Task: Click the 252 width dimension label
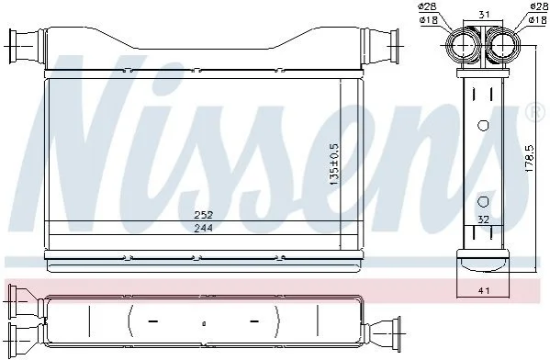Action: [204, 214]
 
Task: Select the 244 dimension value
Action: [204, 228]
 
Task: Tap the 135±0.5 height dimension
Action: [333, 164]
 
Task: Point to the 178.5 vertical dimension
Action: [529, 158]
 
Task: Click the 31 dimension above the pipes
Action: [484, 15]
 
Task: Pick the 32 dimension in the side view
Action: [483, 219]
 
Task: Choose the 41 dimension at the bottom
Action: [484, 290]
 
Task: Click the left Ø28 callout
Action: [428, 6]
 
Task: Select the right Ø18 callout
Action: [538, 20]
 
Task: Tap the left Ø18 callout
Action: [428, 20]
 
